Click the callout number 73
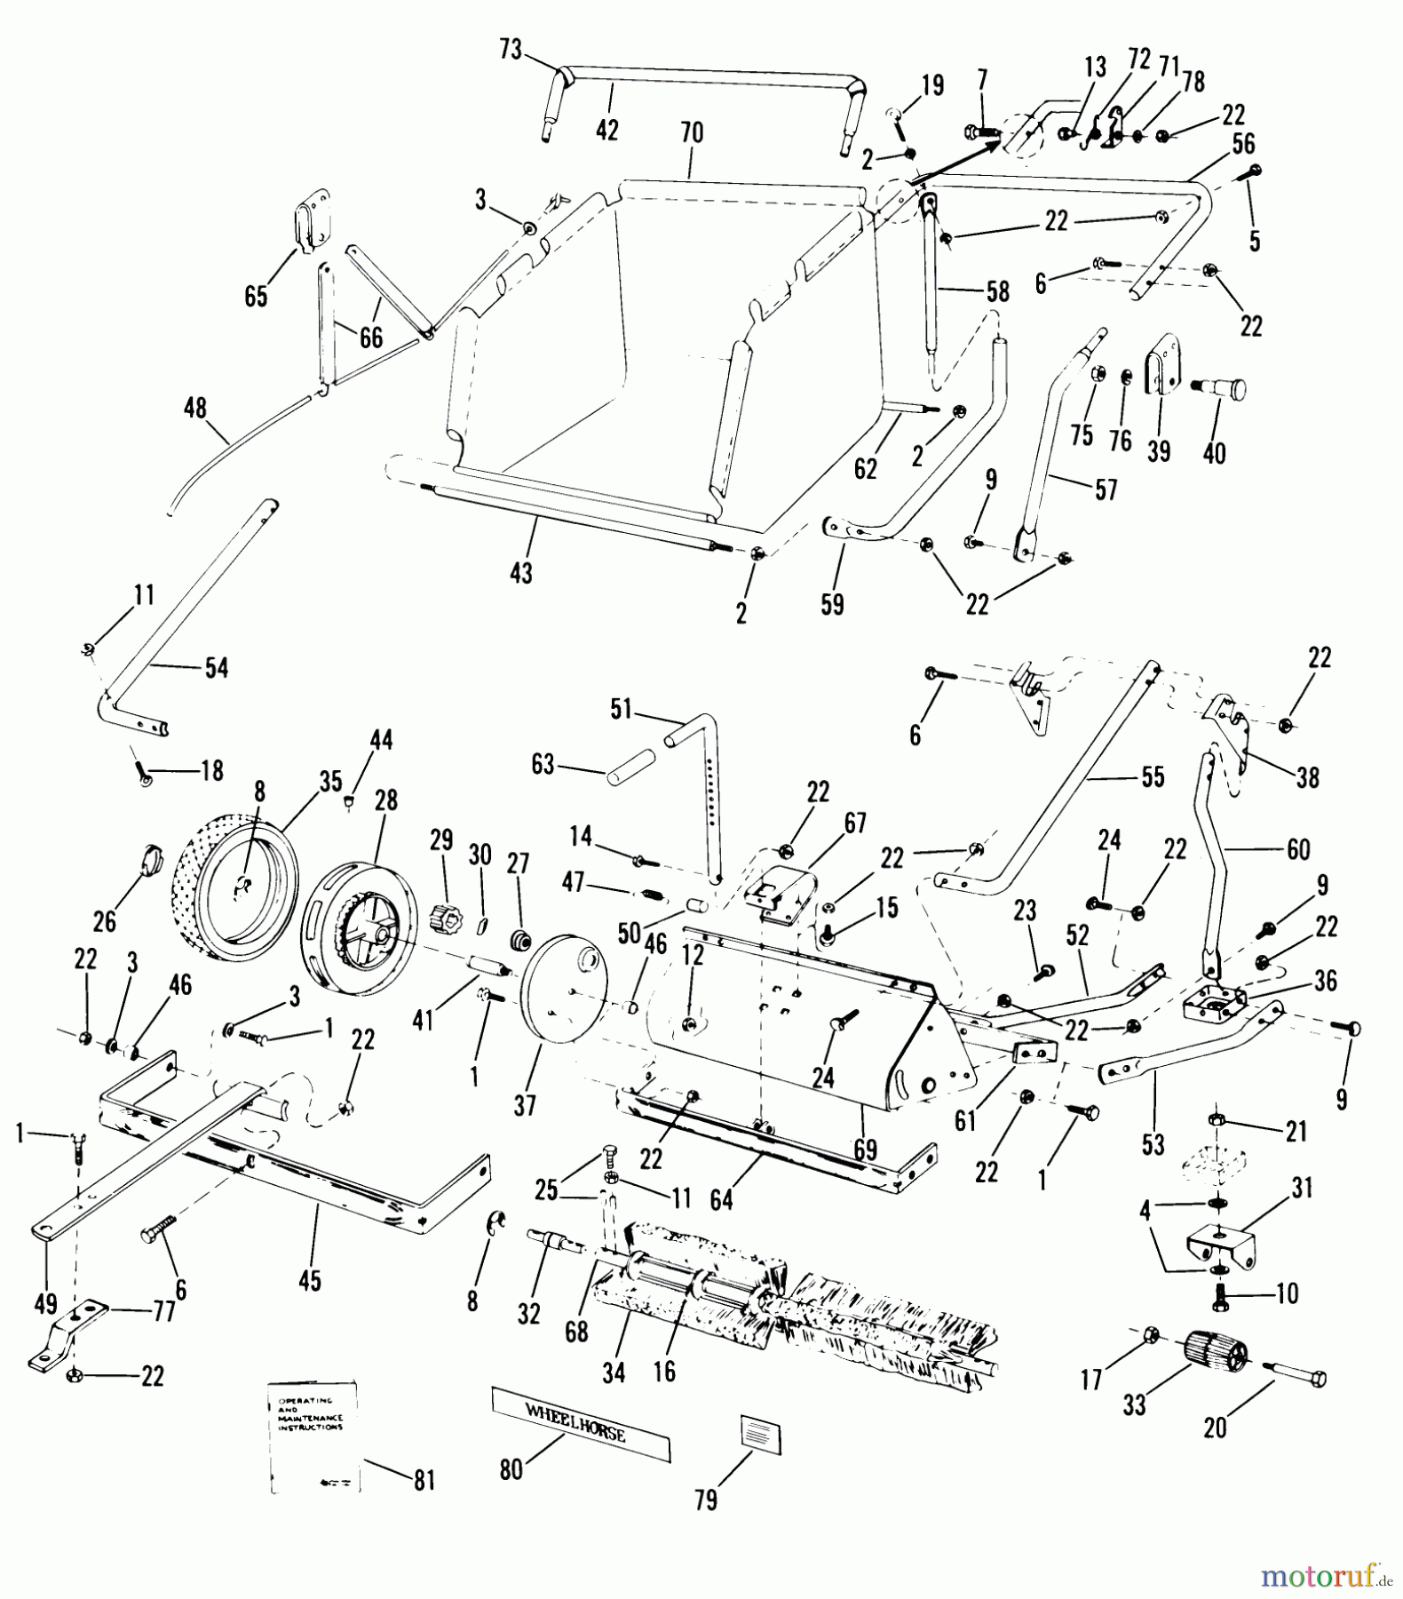pos(511,51)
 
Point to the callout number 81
pos(424,1481)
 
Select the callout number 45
pos(310,1280)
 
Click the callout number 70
pos(692,133)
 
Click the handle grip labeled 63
pos(630,767)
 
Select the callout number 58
pos(998,291)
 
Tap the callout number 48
pos(194,409)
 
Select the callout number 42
pos(606,129)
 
